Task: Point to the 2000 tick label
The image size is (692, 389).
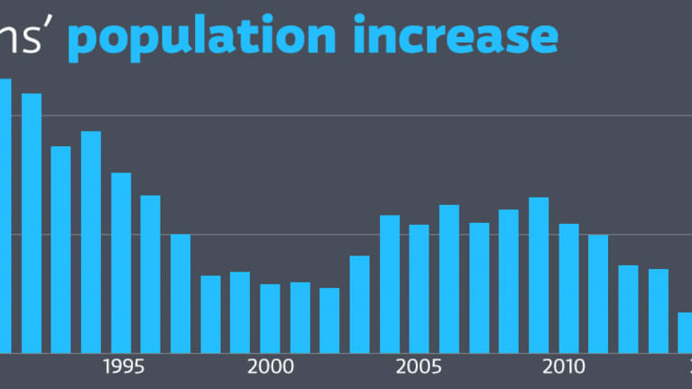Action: pos(270,367)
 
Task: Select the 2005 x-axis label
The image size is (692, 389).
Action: pos(419,367)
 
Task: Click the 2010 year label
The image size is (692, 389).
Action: pos(568,367)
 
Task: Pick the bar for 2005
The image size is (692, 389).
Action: pos(419,288)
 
